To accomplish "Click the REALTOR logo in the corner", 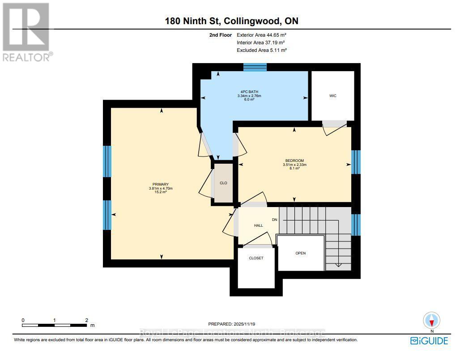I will tap(26, 31).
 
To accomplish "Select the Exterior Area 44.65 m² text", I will tap(261, 34).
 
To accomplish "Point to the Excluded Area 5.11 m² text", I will tap(261, 51).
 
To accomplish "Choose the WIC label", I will tap(332, 96).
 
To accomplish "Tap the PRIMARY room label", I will tap(161, 184).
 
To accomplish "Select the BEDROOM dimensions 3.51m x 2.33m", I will tap(294, 165).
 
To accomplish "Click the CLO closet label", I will tap(223, 182).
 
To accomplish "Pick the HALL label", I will tap(259, 225).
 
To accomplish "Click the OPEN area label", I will tap(301, 253).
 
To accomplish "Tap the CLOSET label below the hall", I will tap(256, 258).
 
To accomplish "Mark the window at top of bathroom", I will tap(255, 67).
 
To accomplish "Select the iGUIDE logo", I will tap(429, 341).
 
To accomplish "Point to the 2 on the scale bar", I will tap(86, 320).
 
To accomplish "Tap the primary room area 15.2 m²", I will tap(161, 192).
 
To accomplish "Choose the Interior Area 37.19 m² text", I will tap(261, 42).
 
